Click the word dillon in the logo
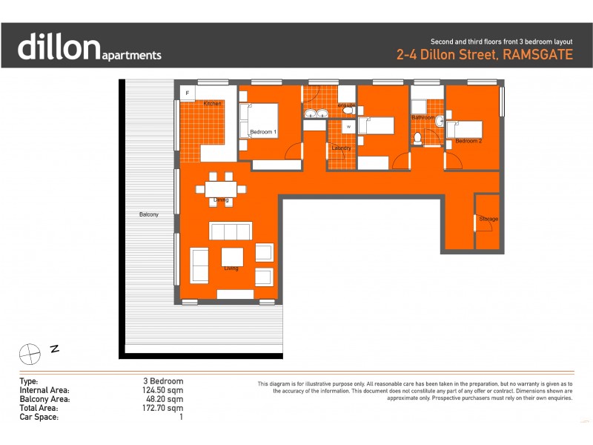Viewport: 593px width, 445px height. coord(58,46)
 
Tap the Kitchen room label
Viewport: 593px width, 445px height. coord(213,103)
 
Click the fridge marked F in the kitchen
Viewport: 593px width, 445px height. coord(188,93)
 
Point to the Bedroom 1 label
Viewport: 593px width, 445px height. coord(263,132)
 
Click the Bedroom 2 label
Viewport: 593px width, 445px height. coord(468,140)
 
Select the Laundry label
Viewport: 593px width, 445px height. coord(341,148)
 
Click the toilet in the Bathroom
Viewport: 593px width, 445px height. coord(419,138)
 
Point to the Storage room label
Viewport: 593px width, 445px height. coord(488,219)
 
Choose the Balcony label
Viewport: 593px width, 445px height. coord(148,214)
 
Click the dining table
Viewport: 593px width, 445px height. coord(221,188)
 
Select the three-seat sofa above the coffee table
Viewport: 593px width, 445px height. coord(231,231)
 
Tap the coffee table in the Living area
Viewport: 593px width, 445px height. coord(232,257)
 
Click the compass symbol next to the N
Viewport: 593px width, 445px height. coord(30,353)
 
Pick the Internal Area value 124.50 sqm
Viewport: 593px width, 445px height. coord(164,390)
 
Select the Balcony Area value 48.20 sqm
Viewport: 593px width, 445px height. coord(164,399)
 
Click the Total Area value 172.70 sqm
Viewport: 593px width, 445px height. coord(164,408)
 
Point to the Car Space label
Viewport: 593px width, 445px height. coord(39,417)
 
